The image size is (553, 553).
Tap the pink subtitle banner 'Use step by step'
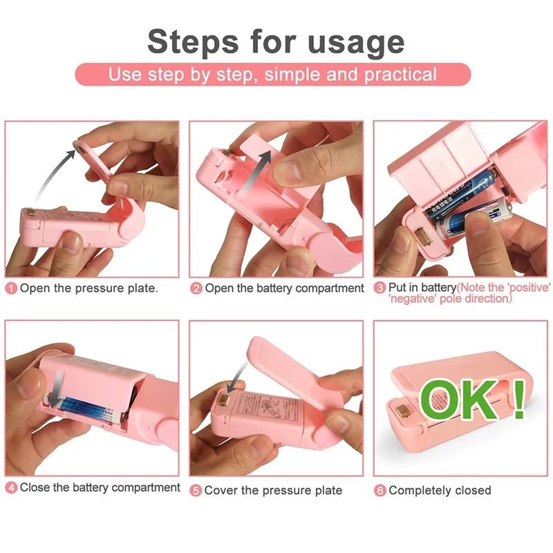coord(272,75)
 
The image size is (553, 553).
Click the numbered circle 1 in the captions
coord(11,288)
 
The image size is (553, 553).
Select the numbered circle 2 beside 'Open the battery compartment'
coord(196,288)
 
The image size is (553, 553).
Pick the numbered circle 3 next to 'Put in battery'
coord(380,288)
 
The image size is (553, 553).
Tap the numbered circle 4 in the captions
coord(11,488)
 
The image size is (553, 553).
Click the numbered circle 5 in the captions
coord(196,490)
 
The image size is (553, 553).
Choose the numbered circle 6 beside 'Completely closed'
coord(380,490)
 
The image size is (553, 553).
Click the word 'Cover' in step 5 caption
coord(221,490)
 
